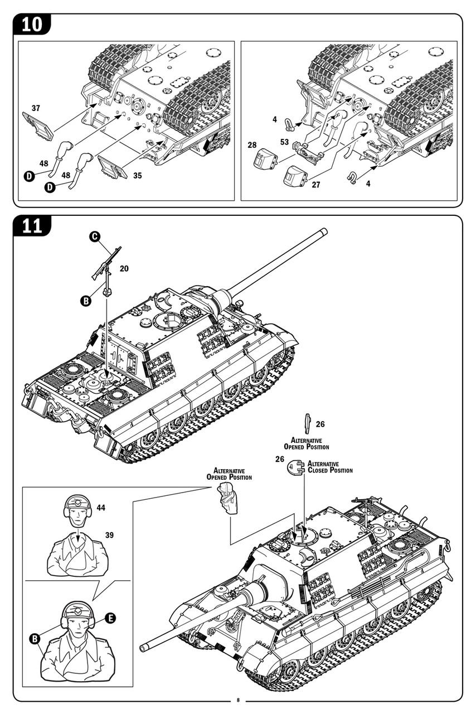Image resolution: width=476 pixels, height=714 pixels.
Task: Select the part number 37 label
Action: pyautogui.click(x=36, y=108)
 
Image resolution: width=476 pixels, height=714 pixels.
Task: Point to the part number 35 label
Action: pyautogui.click(x=138, y=175)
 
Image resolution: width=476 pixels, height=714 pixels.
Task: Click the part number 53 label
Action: pyautogui.click(x=284, y=142)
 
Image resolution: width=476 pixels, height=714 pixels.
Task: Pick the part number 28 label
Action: pyautogui.click(x=252, y=145)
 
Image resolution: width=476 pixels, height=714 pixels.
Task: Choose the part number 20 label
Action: pyautogui.click(x=124, y=268)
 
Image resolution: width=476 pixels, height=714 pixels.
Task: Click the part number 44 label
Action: pyautogui.click(x=100, y=508)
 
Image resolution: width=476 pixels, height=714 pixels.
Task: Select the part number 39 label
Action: pyautogui.click(x=109, y=535)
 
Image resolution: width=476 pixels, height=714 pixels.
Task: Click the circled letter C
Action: pyautogui.click(x=95, y=237)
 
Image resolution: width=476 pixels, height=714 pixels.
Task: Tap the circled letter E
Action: pyautogui.click(x=110, y=617)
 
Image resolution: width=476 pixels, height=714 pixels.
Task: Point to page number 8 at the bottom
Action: pyautogui.click(x=238, y=701)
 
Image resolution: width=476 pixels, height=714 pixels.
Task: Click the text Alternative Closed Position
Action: pyautogui.click(x=330, y=467)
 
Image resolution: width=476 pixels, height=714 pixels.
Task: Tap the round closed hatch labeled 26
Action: pyautogui.click(x=297, y=467)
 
